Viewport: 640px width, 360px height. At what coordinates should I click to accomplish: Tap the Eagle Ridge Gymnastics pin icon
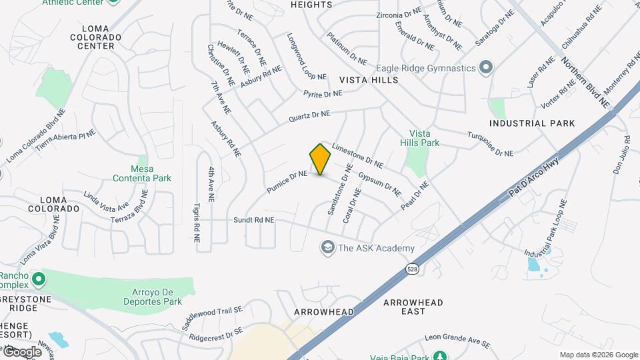(x=486, y=68)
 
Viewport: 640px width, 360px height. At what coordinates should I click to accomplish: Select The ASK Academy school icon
(x=327, y=248)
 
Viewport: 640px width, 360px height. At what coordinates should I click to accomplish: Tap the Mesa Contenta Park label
(x=141, y=173)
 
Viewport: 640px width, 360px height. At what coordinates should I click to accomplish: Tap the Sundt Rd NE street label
(x=253, y=219)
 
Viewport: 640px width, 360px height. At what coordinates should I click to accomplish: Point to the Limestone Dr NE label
(x=357, y=155)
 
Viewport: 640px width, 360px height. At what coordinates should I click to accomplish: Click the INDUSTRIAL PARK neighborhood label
(x=532, y=123)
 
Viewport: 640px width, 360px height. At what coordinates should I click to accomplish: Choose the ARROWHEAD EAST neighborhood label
(x=413, y=307)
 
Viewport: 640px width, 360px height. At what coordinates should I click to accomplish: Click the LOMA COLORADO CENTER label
(x=100, y=37)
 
